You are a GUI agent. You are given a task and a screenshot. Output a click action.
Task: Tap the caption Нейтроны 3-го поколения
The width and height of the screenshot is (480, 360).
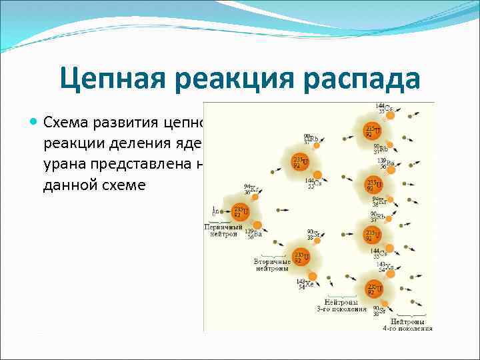pos(341,305)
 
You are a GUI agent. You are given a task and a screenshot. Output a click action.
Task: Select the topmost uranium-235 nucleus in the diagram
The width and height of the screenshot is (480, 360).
pos(373,130)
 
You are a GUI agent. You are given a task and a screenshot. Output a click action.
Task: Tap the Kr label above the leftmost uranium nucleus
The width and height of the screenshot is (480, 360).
pos(250,190)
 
